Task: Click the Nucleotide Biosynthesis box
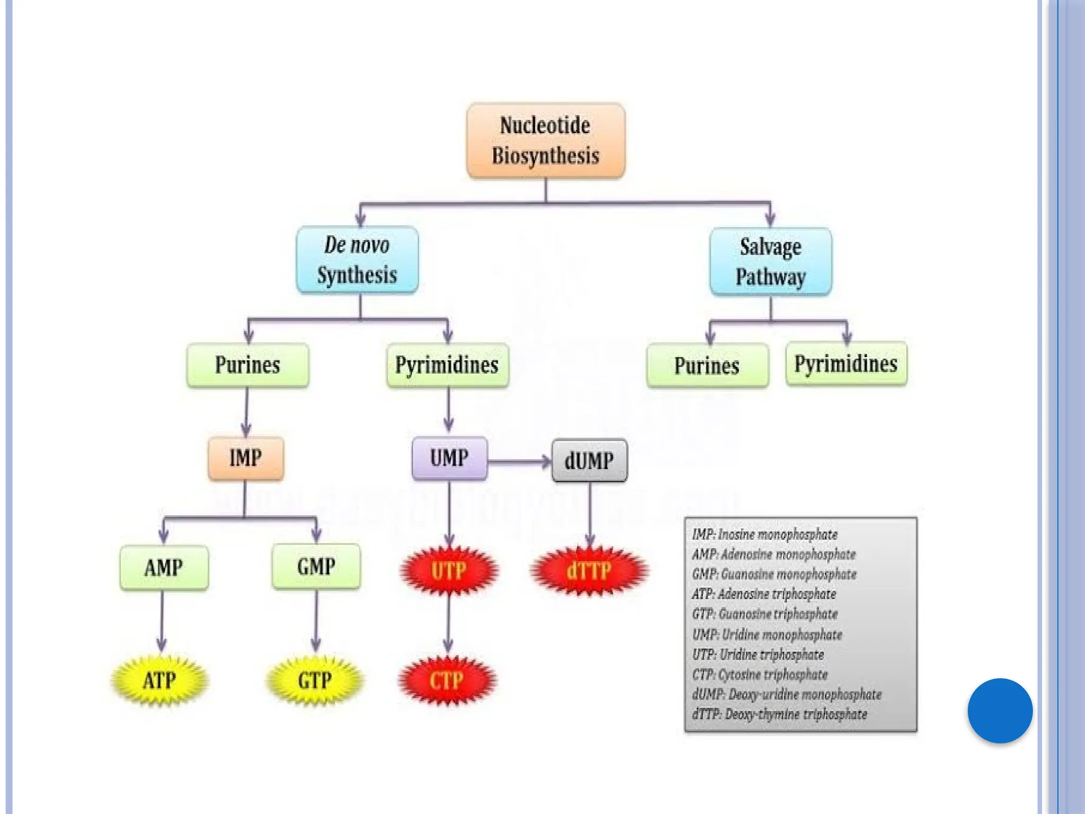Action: tap(546, 141)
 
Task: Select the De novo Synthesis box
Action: tap(357, 260)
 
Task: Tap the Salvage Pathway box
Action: tap(770, 262)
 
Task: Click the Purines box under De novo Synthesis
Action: tap(247, 365)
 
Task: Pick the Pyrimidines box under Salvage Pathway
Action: tap(846, 364)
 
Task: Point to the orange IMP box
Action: tap(246, 458)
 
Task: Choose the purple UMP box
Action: tap(449, 458)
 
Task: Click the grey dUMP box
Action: tap(589, 461)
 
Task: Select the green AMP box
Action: tap(164, 568)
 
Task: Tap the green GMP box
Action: tap(316, 567)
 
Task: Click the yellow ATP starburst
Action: tap(159, 680)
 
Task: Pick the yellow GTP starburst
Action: tap(315, 680)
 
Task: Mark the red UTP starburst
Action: tap(449, 571)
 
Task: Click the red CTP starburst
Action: tap(447, 680)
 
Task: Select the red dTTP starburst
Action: tap(589, 571)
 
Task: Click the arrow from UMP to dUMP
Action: tap(519, 462)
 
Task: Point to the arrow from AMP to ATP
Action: tap(162, 620)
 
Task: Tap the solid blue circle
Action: tap(1000, 711)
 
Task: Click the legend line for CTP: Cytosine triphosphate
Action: tap(760, 675)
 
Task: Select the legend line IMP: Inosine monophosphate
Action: tap(764, 535)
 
